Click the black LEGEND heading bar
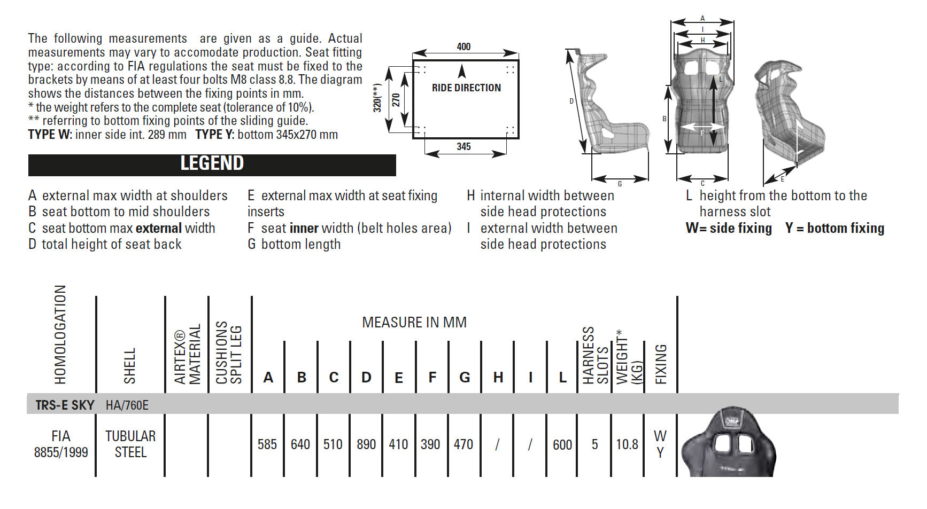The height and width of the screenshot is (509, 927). pyautogui.click(x=212, y=165)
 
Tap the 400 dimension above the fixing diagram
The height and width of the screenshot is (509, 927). pyautogui.click(x=463, y=46)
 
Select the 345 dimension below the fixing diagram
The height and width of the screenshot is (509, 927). pyautogui.click(x=463, y=146)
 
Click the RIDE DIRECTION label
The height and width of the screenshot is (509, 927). pyautogui.click(x=466, y=88)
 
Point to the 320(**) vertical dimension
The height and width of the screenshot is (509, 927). pyautogui.click(x=377, y=98)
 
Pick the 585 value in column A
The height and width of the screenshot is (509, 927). pyautogui.click(x=267, y=444)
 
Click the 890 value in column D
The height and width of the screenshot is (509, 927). pyautogui.click(x=366, y=444)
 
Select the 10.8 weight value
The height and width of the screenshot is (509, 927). pyautogui.click(x=627, y=444)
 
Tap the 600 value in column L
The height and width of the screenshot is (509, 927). pyautogui.click(x=562, y=444)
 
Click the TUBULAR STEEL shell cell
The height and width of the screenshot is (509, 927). pyautogui.click(x=130, y=444)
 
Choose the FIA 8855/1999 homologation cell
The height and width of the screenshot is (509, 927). pyautogui.click(x=61, y=444)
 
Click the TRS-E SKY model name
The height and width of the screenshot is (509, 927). pyautogui.click(x=65, y=405)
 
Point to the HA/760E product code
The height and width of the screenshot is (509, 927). pyautogui.click(x=127, y=405)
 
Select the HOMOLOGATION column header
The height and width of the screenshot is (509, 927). pyautogui.click(x=60, y=334)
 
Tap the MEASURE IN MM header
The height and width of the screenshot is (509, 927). pyautogui.click(x=414, y=323)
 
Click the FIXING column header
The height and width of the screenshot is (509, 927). pyautogui.click(x=661, y=364)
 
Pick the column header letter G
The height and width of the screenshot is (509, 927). pyautogui.click(x=465, y=378)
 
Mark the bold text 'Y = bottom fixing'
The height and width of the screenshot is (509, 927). pyautogui.click(x=835, y=229)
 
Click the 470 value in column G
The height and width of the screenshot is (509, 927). pyautogui.click(x=463, y=444)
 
